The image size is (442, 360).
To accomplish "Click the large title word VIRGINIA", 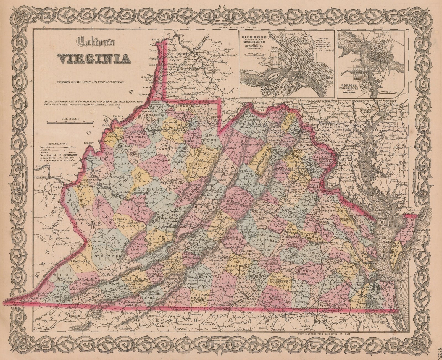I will [x=94, y=58].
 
